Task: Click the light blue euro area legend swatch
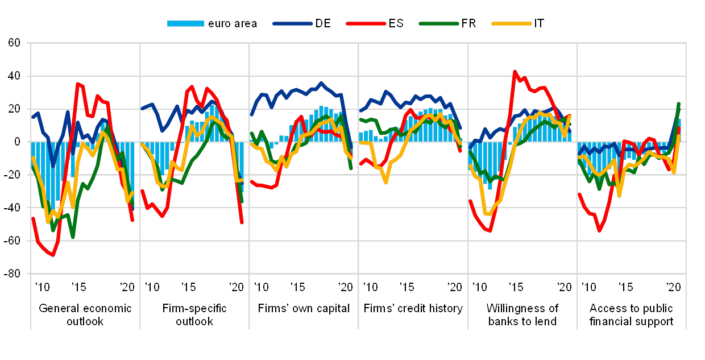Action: pos(185,23)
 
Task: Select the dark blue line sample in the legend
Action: pos(293,23)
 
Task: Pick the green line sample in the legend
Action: pos(439,23)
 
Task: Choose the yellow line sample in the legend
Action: pos(512,23)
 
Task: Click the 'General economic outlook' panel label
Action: pos(85,315)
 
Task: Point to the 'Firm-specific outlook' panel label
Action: pos(194,315)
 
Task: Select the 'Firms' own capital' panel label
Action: pos(304,309)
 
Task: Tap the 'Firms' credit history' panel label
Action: pos(413,309)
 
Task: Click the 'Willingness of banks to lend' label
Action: pos(522,315)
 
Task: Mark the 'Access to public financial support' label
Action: pos(631,315)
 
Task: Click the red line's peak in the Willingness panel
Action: pos(515,72)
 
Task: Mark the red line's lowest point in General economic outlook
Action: pos(53,255)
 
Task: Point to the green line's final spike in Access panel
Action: pos(679,104)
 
